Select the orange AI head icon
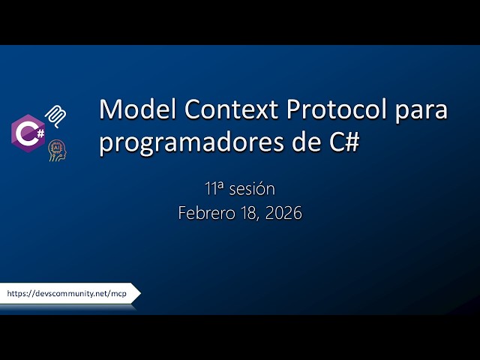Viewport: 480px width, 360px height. pos(57,149)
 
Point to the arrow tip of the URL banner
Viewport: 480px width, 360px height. pos(138,294)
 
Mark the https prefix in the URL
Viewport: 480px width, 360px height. pos(18,294)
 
